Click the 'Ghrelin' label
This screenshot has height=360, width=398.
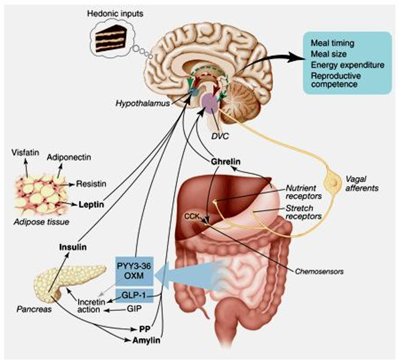(x=225, y=162)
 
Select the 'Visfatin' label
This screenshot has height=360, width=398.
(x=24, y=152)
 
